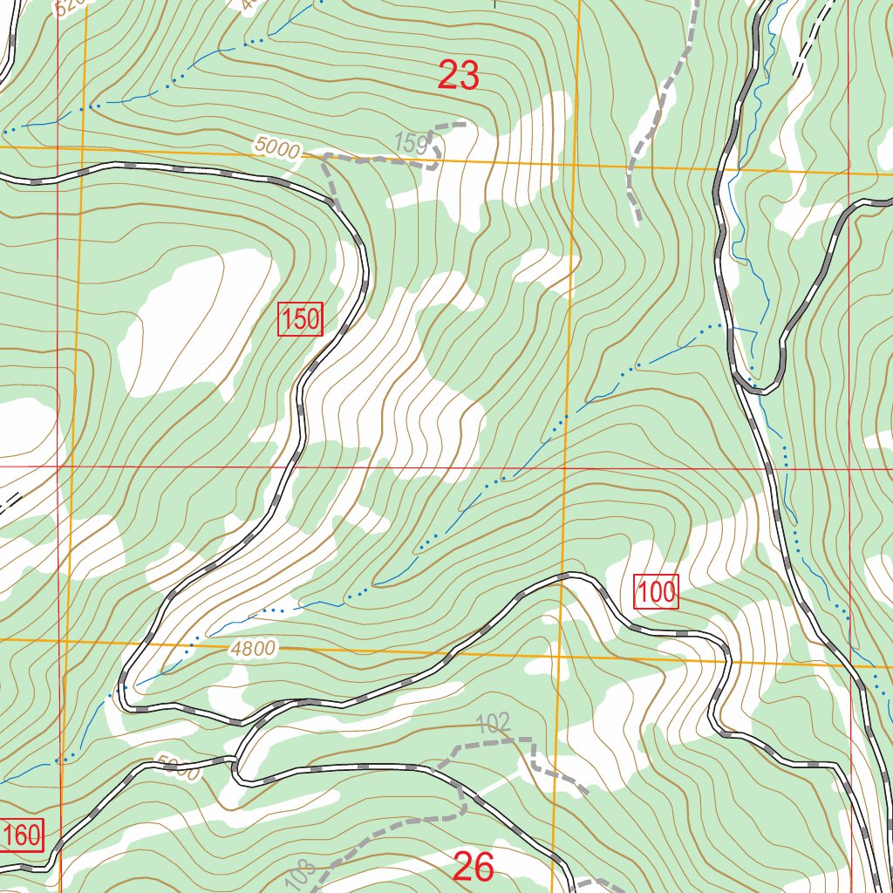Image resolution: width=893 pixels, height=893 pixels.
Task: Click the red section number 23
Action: (459, 77)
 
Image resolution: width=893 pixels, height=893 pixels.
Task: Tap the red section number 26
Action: (474, 867)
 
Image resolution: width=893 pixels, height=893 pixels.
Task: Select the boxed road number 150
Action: (301, 320)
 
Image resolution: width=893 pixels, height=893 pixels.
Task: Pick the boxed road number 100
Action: (656, 593)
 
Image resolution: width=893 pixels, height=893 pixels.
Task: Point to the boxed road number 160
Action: (21, 835)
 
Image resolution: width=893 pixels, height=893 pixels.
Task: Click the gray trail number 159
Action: (411, 141)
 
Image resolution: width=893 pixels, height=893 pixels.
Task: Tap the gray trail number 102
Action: (493, 723)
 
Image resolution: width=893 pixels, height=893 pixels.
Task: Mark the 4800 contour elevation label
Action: (254, 648)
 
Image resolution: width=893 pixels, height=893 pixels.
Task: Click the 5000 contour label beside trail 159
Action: (277, 147)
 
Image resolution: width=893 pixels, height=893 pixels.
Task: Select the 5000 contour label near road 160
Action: (180, 769)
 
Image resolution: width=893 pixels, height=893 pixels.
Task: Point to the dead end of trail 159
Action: (464, 125)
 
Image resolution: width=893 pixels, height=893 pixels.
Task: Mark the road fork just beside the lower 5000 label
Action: (236, 761)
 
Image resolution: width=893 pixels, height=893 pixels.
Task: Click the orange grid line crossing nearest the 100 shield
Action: (559, 653)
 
